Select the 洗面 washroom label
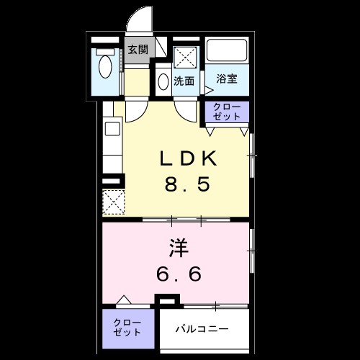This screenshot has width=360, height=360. [x=184, y=81]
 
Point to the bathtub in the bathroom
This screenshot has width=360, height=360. [x=228, y=52]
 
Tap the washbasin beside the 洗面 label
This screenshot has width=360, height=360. [x=163, y=81]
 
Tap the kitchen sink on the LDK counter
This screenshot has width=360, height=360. [x=112, y=130]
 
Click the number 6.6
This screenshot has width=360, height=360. [x=179, y=274]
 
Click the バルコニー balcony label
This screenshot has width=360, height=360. [x=203, y=329]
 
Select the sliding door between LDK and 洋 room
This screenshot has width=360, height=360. [x=186, y=218]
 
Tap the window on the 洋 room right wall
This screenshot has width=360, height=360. [x=251, y=251]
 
